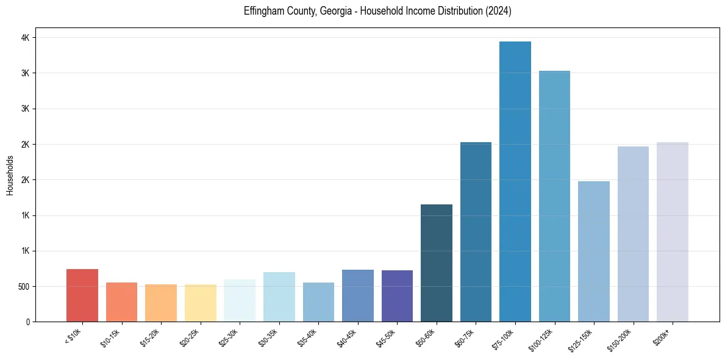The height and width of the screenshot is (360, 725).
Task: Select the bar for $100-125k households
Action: tap(554, 196)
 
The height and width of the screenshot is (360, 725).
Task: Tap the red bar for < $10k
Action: tap(82, 295)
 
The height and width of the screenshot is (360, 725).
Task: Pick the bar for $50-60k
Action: tap(437, 263)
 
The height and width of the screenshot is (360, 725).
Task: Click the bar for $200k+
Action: tap(673, 232)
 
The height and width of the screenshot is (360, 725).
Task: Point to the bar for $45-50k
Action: tap(397, 296)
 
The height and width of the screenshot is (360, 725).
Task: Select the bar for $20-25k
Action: tap(201, 303)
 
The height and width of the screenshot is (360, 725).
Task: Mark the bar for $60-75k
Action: tap(476, 232)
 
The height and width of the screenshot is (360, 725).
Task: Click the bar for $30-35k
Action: tap(279, 297)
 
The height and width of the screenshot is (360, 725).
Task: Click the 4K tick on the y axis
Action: tap(26, 38)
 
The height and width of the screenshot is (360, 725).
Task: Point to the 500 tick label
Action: tap(23, 287)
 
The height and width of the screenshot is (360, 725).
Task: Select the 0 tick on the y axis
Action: tap(28, 322)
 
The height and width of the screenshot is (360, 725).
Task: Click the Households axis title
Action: tap(10, 175)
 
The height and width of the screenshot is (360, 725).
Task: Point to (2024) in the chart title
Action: tap(498, 11)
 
